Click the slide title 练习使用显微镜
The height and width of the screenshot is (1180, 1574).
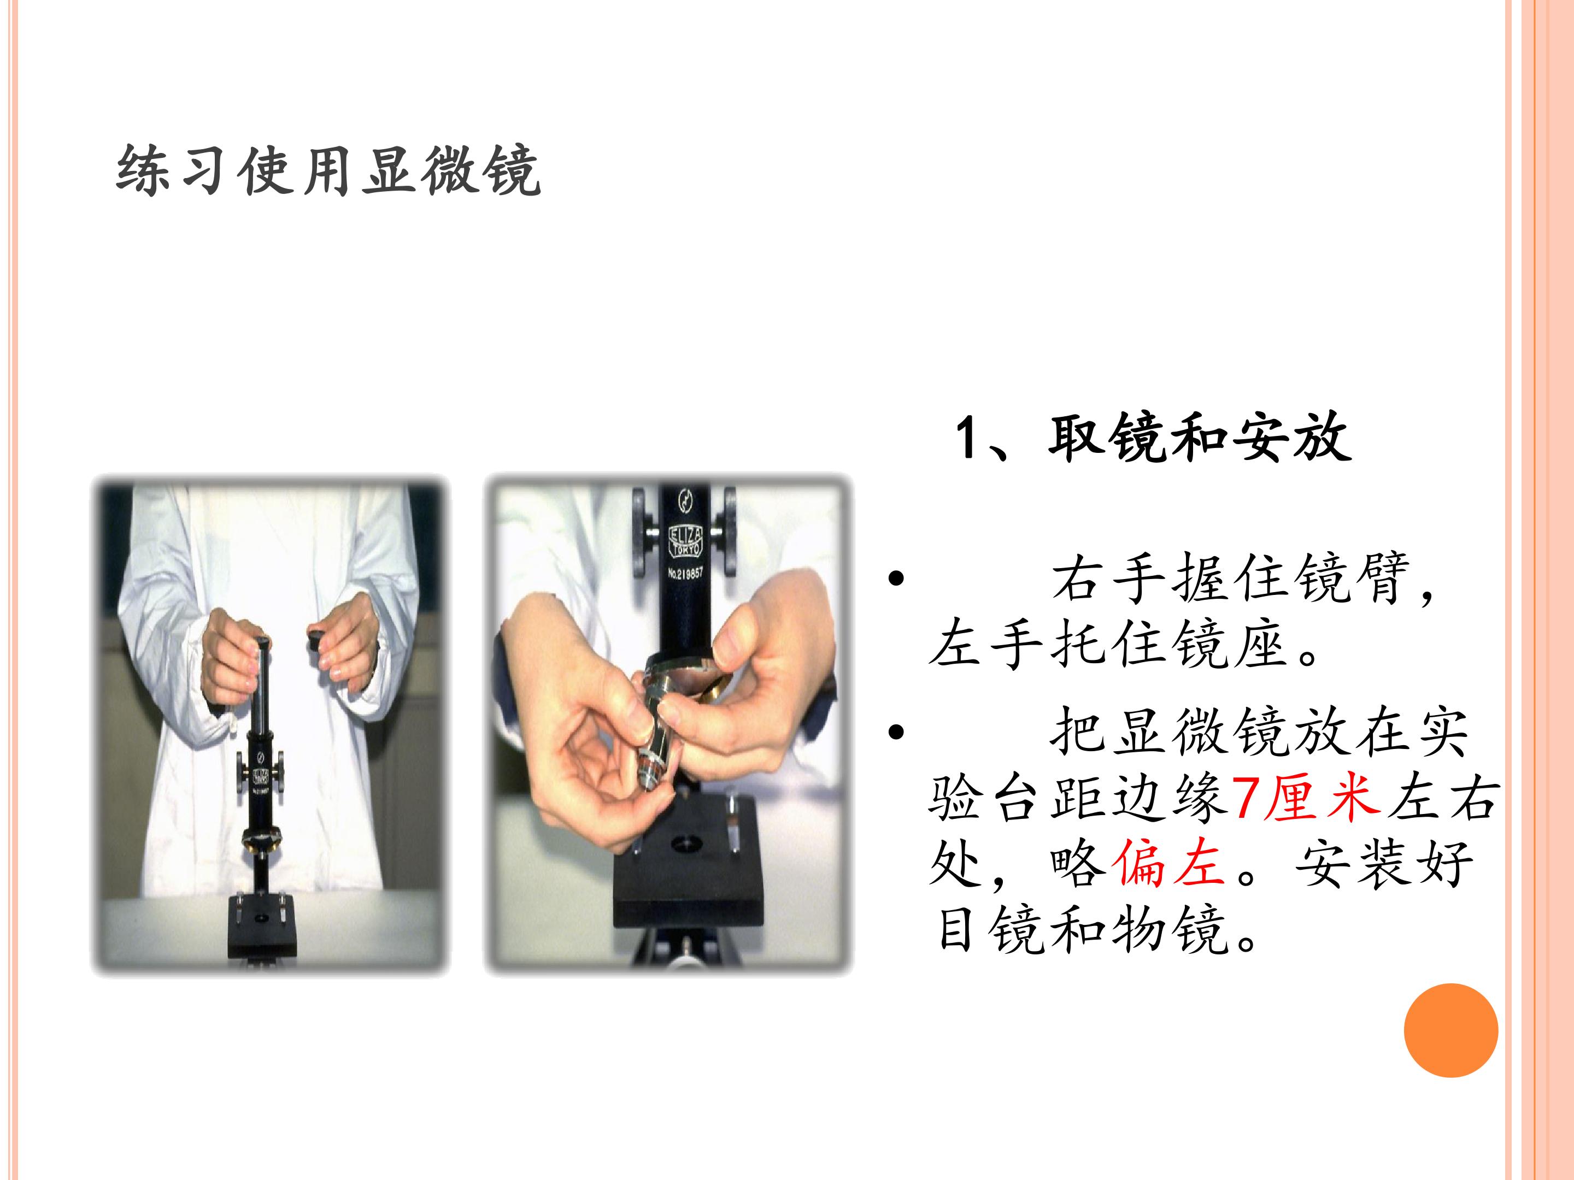pyautogui.click(x=328, y=170)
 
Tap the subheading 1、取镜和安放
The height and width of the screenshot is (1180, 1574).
pyautogui.click(x=1153, y=438)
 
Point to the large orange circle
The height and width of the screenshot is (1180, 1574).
pyautogui.click(x=1451, y=1030)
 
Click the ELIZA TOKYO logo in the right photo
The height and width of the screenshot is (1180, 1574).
pyautogui.click(x=685, y=541)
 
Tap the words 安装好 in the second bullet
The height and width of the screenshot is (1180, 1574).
pyautogui.click(x=1383, y=863)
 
